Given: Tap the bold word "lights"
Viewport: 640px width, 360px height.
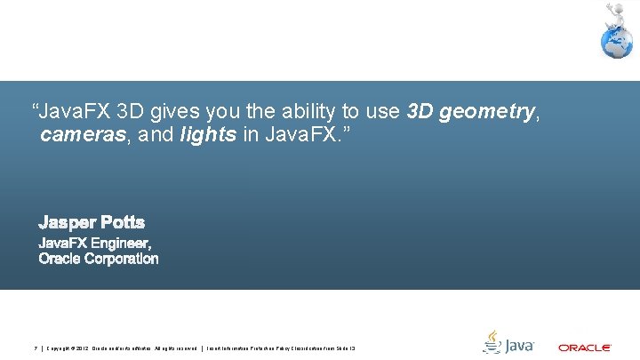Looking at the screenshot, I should (x=208, y=136).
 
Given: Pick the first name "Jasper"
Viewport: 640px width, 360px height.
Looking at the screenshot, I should (x=64, y=221).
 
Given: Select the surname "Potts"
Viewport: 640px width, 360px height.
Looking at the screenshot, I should (x=119, y=221).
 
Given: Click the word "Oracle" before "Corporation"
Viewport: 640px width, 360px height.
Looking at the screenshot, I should (x=60, y=259).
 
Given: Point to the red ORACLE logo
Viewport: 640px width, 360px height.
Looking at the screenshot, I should (x=584, y=348).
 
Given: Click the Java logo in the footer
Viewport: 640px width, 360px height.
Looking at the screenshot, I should (x=508, y=342).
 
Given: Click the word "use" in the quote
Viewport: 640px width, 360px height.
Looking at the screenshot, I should (x=382, y=111).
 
